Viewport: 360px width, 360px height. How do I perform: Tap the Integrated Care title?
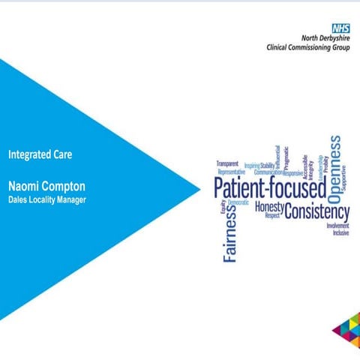click(x=40, y=155)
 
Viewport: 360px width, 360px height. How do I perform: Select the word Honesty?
click(x=269, y=206)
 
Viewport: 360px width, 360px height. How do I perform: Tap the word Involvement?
click(x=337, y=225)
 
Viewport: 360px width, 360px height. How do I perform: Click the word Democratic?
click(x=238, y=203)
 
